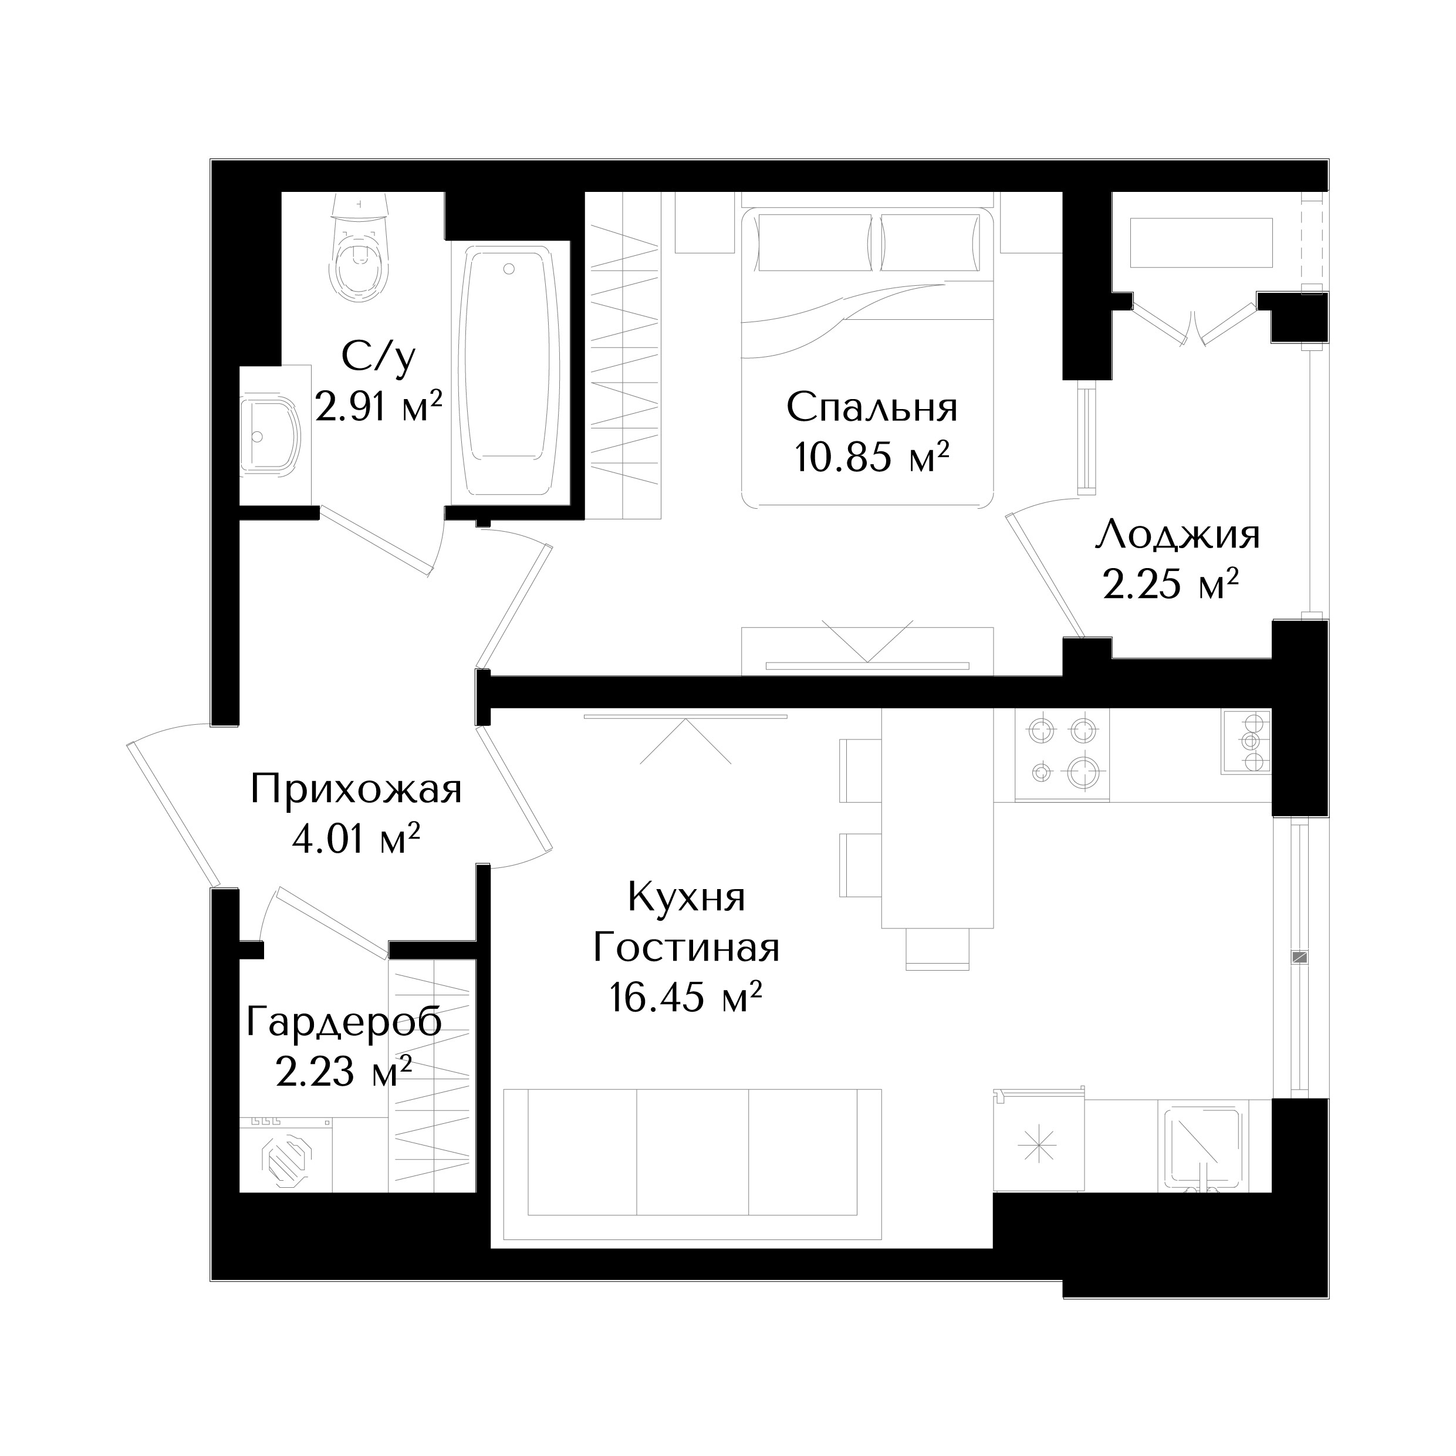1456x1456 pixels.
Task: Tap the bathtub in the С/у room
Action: [509, 373]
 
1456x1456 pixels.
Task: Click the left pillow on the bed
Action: [815, 243]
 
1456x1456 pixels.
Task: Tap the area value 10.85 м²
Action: [871, 457]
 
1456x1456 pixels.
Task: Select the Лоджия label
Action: [1177, 536]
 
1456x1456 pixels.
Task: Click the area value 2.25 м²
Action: [1172, 584]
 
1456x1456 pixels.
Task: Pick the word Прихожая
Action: [356, 791]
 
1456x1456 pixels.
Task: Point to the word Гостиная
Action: [686, 947]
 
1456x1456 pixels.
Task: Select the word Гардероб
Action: [344, 1023]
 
